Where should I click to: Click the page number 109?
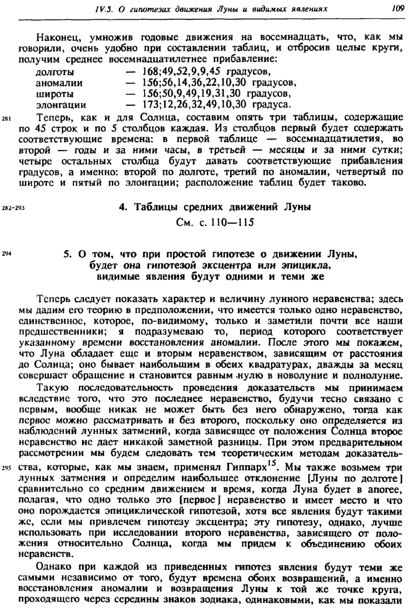pyautogui.click(x=397, y=8)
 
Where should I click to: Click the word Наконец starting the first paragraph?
pyautogui.click(x=54, y=38)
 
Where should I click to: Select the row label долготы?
pyautogui.click(x=55, y=72)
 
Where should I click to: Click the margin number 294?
pyautogui.click(x=7, y=252)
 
